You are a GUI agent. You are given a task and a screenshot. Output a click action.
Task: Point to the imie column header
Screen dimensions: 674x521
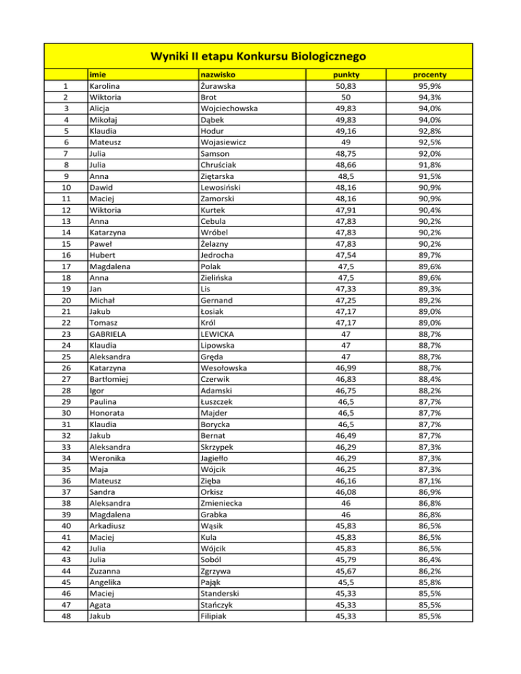[x=99, y=75]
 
